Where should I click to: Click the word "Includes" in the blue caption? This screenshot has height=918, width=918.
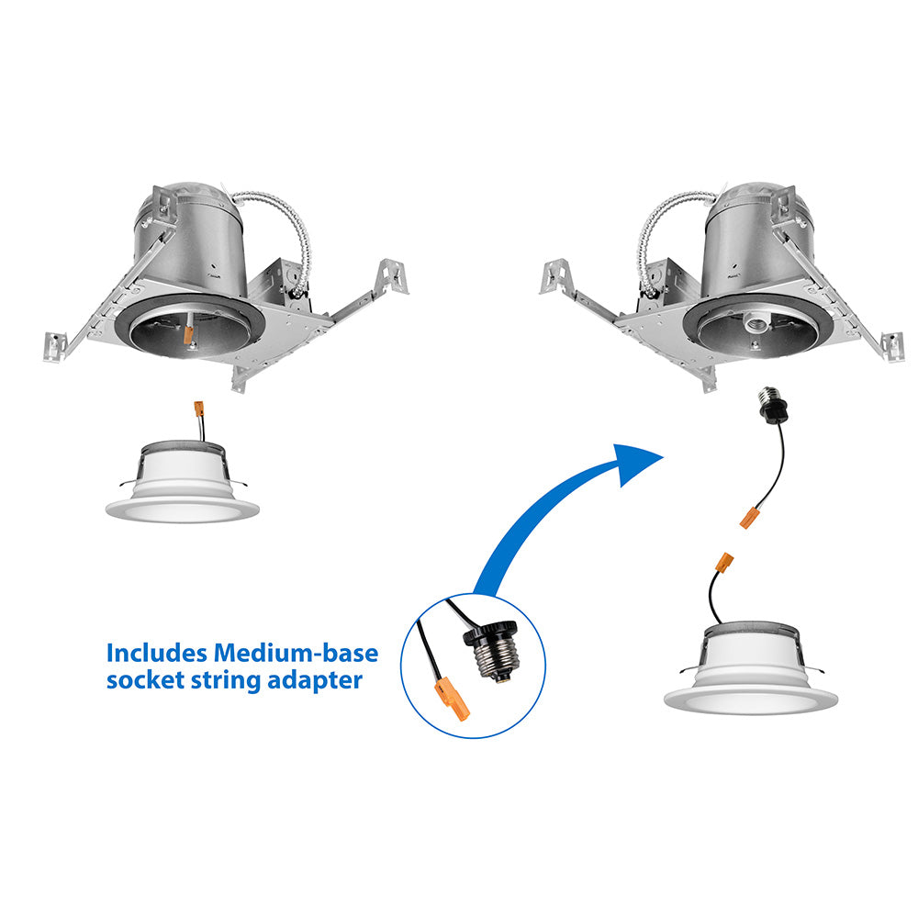pyautogui.click(x=156, y=653)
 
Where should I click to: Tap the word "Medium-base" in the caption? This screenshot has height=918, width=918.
pyautogui.click(x=296, y=653)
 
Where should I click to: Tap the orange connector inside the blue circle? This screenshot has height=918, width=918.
pyautogui.click(x=453, y=698)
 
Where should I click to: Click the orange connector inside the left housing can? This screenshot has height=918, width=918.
pyautogui.click(x=188, y=334)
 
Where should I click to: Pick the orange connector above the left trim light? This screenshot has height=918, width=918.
pyautogui.click(x=198, y=409)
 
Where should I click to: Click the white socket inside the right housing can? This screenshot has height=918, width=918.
pyautogui.click(x=754, y=324)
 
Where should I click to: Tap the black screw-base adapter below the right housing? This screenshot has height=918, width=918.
pyautogui.click(x=772, y=405)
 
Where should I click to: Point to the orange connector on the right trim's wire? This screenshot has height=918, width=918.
pyautogui.click(x=725, y=563)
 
